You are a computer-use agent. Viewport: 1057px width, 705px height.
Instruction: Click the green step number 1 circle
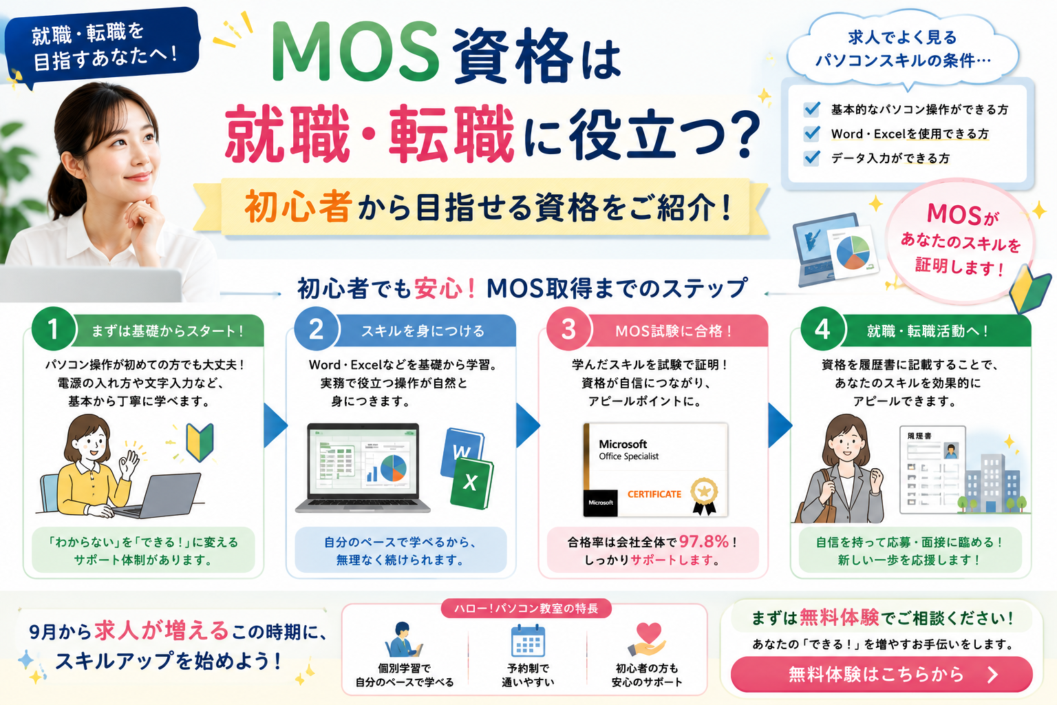53,328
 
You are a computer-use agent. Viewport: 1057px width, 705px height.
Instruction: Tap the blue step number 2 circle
316,328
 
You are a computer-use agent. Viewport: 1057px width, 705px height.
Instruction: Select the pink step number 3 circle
568,328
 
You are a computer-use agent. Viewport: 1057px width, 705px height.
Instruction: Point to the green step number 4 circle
822,328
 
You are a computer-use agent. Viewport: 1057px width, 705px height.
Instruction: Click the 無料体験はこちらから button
882,674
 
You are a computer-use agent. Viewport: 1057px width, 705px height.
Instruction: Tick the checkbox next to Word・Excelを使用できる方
811,133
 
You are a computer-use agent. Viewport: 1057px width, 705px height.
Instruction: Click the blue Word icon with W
462,451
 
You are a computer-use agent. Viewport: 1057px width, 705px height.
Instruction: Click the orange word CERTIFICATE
654,494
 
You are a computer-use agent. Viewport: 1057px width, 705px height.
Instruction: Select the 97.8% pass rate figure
704,542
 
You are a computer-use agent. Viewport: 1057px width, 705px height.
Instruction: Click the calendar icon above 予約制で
528,641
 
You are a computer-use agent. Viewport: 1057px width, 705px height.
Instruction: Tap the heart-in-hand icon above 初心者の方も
648,640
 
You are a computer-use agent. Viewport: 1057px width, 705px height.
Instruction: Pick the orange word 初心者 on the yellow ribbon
298,207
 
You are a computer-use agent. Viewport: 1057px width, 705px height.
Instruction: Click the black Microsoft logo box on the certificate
600,503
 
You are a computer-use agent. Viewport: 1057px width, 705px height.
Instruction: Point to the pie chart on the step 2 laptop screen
393,468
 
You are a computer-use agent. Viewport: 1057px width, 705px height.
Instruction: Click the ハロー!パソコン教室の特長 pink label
526,608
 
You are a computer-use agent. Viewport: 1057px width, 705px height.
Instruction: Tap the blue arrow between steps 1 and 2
275,425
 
